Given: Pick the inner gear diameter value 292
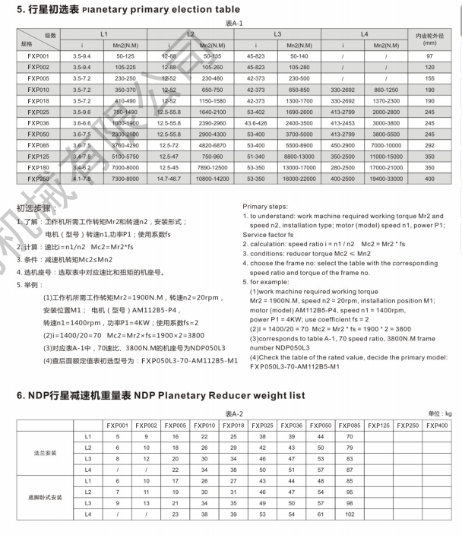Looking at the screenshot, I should [429, 144].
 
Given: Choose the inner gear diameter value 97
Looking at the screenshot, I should [429, 56].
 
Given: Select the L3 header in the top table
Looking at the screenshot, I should [277, 36].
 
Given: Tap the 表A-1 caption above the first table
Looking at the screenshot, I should [233, 24].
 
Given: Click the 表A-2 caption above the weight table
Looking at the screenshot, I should [233, 413].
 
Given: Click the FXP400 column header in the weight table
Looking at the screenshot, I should [436, 425].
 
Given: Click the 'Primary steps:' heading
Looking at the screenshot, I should [265, 206].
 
